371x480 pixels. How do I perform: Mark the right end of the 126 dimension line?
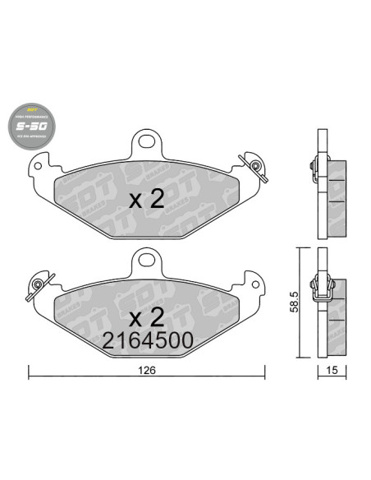[x=264, y=377]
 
